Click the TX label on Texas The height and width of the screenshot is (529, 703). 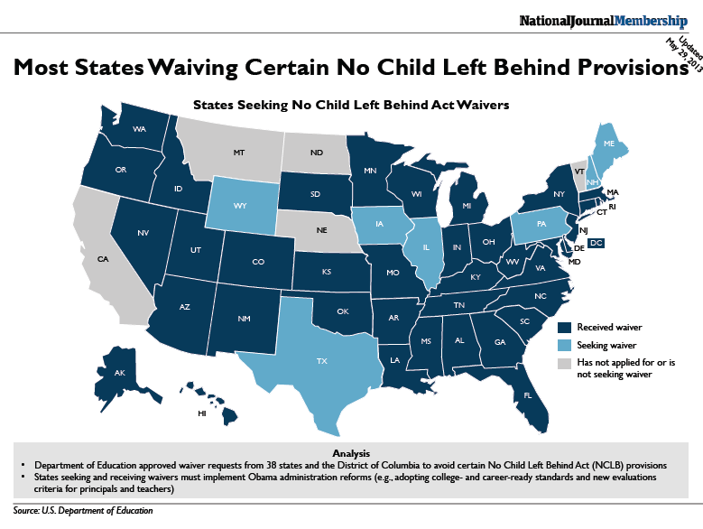pyautogui.click(x=321, y=358)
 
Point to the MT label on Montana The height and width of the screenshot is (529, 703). pyautogui.click(x=239, y=154)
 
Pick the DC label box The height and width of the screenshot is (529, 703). pyautogui.click(x=597, y=244)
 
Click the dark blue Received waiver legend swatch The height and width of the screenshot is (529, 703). pyautogui.click(x=564, y=328)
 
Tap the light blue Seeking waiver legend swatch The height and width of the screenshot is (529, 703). pyautogui.click(x=564, y=346)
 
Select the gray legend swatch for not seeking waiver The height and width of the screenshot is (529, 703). pyautogui.click(x=564, y=364)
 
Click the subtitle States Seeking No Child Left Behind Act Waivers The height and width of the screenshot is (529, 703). pyautogui.click(x=351, y=104)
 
